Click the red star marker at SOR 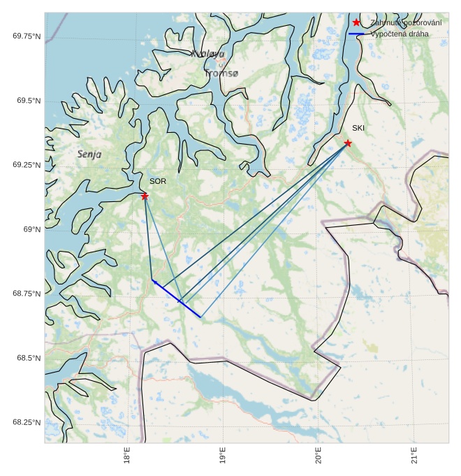[145, 196]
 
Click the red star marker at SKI [348, 143]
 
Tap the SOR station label [158, 182]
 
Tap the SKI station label [358, 129]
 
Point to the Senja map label [89, 154]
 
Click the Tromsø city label [221, 73]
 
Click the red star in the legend [356, 23]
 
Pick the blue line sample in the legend [356, 34]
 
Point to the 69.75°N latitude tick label [27, 36]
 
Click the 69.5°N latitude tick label [29, 101]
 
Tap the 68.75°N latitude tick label [27, 294]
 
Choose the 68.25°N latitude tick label [27, 422]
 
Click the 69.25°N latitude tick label [27, 165]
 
